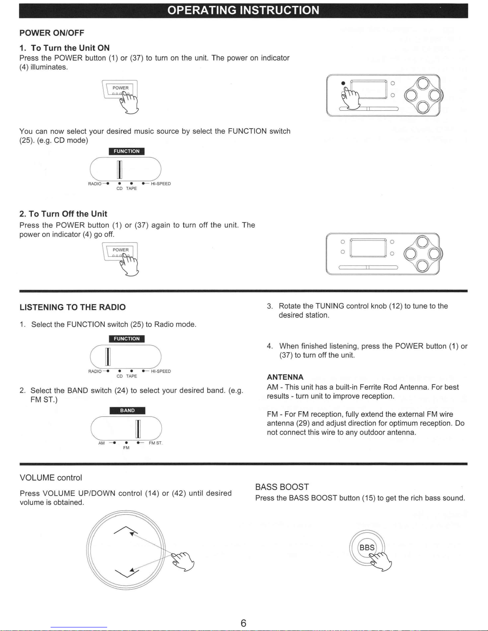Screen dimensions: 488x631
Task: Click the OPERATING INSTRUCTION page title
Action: [243, 10]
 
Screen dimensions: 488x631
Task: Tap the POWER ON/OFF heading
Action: [52, 33]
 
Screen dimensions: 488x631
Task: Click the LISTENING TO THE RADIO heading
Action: [73, 307]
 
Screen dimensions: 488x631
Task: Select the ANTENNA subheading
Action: [285, 377]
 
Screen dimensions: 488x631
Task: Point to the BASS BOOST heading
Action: [282, 487]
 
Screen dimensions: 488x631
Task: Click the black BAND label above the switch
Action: [127, 410]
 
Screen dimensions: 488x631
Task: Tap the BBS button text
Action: [367, 547]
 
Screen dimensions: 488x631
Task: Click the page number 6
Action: [243, 623]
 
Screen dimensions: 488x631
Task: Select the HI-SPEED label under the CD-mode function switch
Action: [161, 184]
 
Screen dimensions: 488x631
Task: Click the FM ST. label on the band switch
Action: [155, 443]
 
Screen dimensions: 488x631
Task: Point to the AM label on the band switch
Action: [101, 443]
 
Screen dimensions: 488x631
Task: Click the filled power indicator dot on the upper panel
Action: [343, 83]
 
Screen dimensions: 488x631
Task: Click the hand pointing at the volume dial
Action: [182, 561]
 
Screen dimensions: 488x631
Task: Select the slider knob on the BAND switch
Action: [138, 429]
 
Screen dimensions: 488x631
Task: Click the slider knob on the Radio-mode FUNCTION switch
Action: [108, 357]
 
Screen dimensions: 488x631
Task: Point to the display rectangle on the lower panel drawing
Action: [368, 248]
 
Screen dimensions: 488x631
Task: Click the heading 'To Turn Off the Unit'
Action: [63, 214]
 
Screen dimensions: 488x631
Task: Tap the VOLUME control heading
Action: [51, 478]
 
